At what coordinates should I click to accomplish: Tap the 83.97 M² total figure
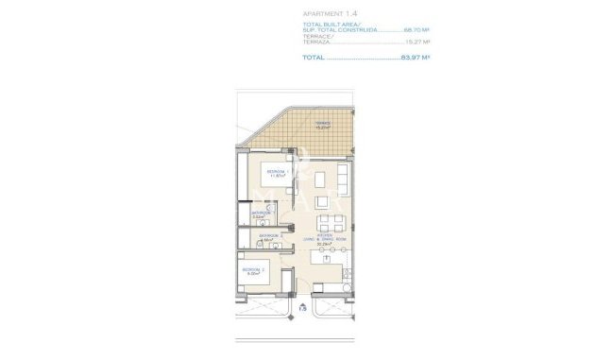(413, 58)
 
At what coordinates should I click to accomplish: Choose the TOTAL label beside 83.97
(313, 58)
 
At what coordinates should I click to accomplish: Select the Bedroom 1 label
(278, 170)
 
